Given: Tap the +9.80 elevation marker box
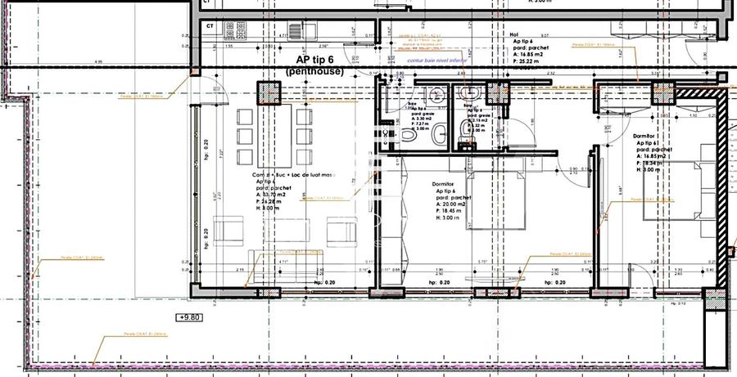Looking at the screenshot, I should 191,317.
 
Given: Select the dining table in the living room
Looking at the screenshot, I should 275,134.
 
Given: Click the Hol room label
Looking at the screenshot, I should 514,35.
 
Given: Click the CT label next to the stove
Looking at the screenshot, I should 210,26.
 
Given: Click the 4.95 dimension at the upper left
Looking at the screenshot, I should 98,61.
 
